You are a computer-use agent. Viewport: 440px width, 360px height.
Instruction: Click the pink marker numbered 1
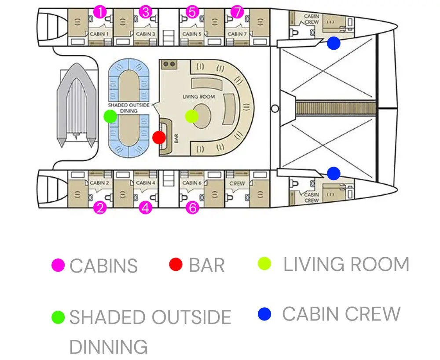point(100,12)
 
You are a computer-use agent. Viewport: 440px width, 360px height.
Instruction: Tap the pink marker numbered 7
point(237,12)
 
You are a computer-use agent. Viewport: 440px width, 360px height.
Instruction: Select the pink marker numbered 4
point(145,208)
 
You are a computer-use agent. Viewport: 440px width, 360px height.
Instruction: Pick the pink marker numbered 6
point(193,208)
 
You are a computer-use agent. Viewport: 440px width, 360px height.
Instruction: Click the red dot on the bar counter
point(159,138)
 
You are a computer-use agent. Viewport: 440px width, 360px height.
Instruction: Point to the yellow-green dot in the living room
point(192,116)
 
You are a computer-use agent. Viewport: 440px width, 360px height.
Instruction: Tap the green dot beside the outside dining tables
point(110,116)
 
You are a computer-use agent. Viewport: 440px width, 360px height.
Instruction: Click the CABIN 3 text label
point(145,34)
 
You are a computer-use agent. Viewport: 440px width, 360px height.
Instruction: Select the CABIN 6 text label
point(192,183)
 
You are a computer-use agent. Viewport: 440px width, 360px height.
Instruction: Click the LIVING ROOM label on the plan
point(199,97)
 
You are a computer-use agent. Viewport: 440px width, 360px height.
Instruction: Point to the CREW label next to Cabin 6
point(237,183)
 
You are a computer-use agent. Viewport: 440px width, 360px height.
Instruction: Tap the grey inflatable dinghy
point(77,105)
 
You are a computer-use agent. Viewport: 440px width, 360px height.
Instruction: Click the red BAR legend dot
point(176,264)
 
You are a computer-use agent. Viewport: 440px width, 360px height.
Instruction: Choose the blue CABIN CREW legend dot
point(264,314)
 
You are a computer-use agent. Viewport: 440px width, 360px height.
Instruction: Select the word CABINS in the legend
point(103,265)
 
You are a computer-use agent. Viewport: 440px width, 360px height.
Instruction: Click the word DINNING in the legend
point(108,347)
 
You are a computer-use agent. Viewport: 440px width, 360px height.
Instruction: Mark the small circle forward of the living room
point(275,109)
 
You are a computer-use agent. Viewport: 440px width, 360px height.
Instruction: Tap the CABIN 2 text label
point(99,183)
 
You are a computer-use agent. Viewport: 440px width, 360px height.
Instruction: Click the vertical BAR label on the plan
point(176,138)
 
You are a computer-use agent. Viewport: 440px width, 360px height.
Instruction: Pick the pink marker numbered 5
point(192,12)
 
